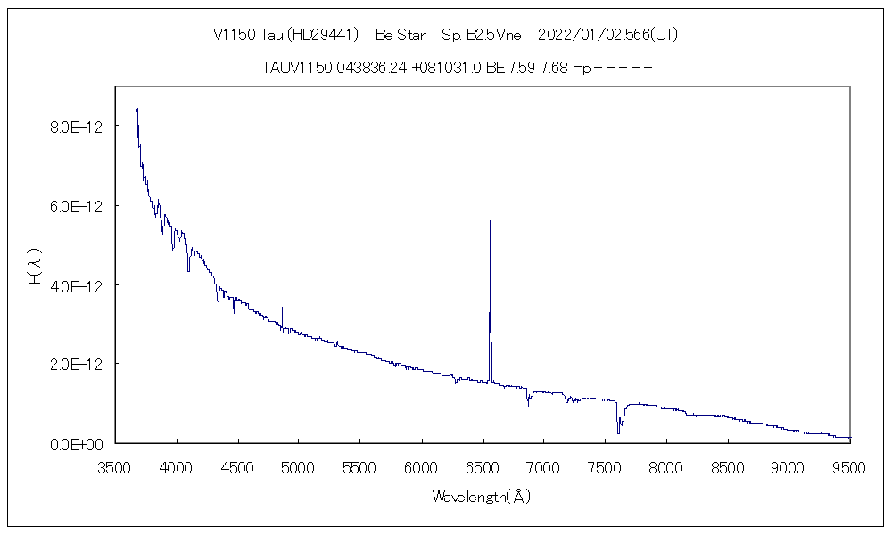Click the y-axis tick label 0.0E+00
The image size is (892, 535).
[x=77, y=444]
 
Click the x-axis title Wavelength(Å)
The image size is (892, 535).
[x=482, y=497]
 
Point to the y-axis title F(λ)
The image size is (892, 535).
[x=35, y=266]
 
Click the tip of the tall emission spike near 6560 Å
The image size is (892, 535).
[x=490, y=220]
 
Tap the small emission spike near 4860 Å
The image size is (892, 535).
[x=282, y=308]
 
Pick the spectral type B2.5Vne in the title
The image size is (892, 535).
[x=494, y=35]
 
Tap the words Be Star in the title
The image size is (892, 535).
[x=401, y=35]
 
